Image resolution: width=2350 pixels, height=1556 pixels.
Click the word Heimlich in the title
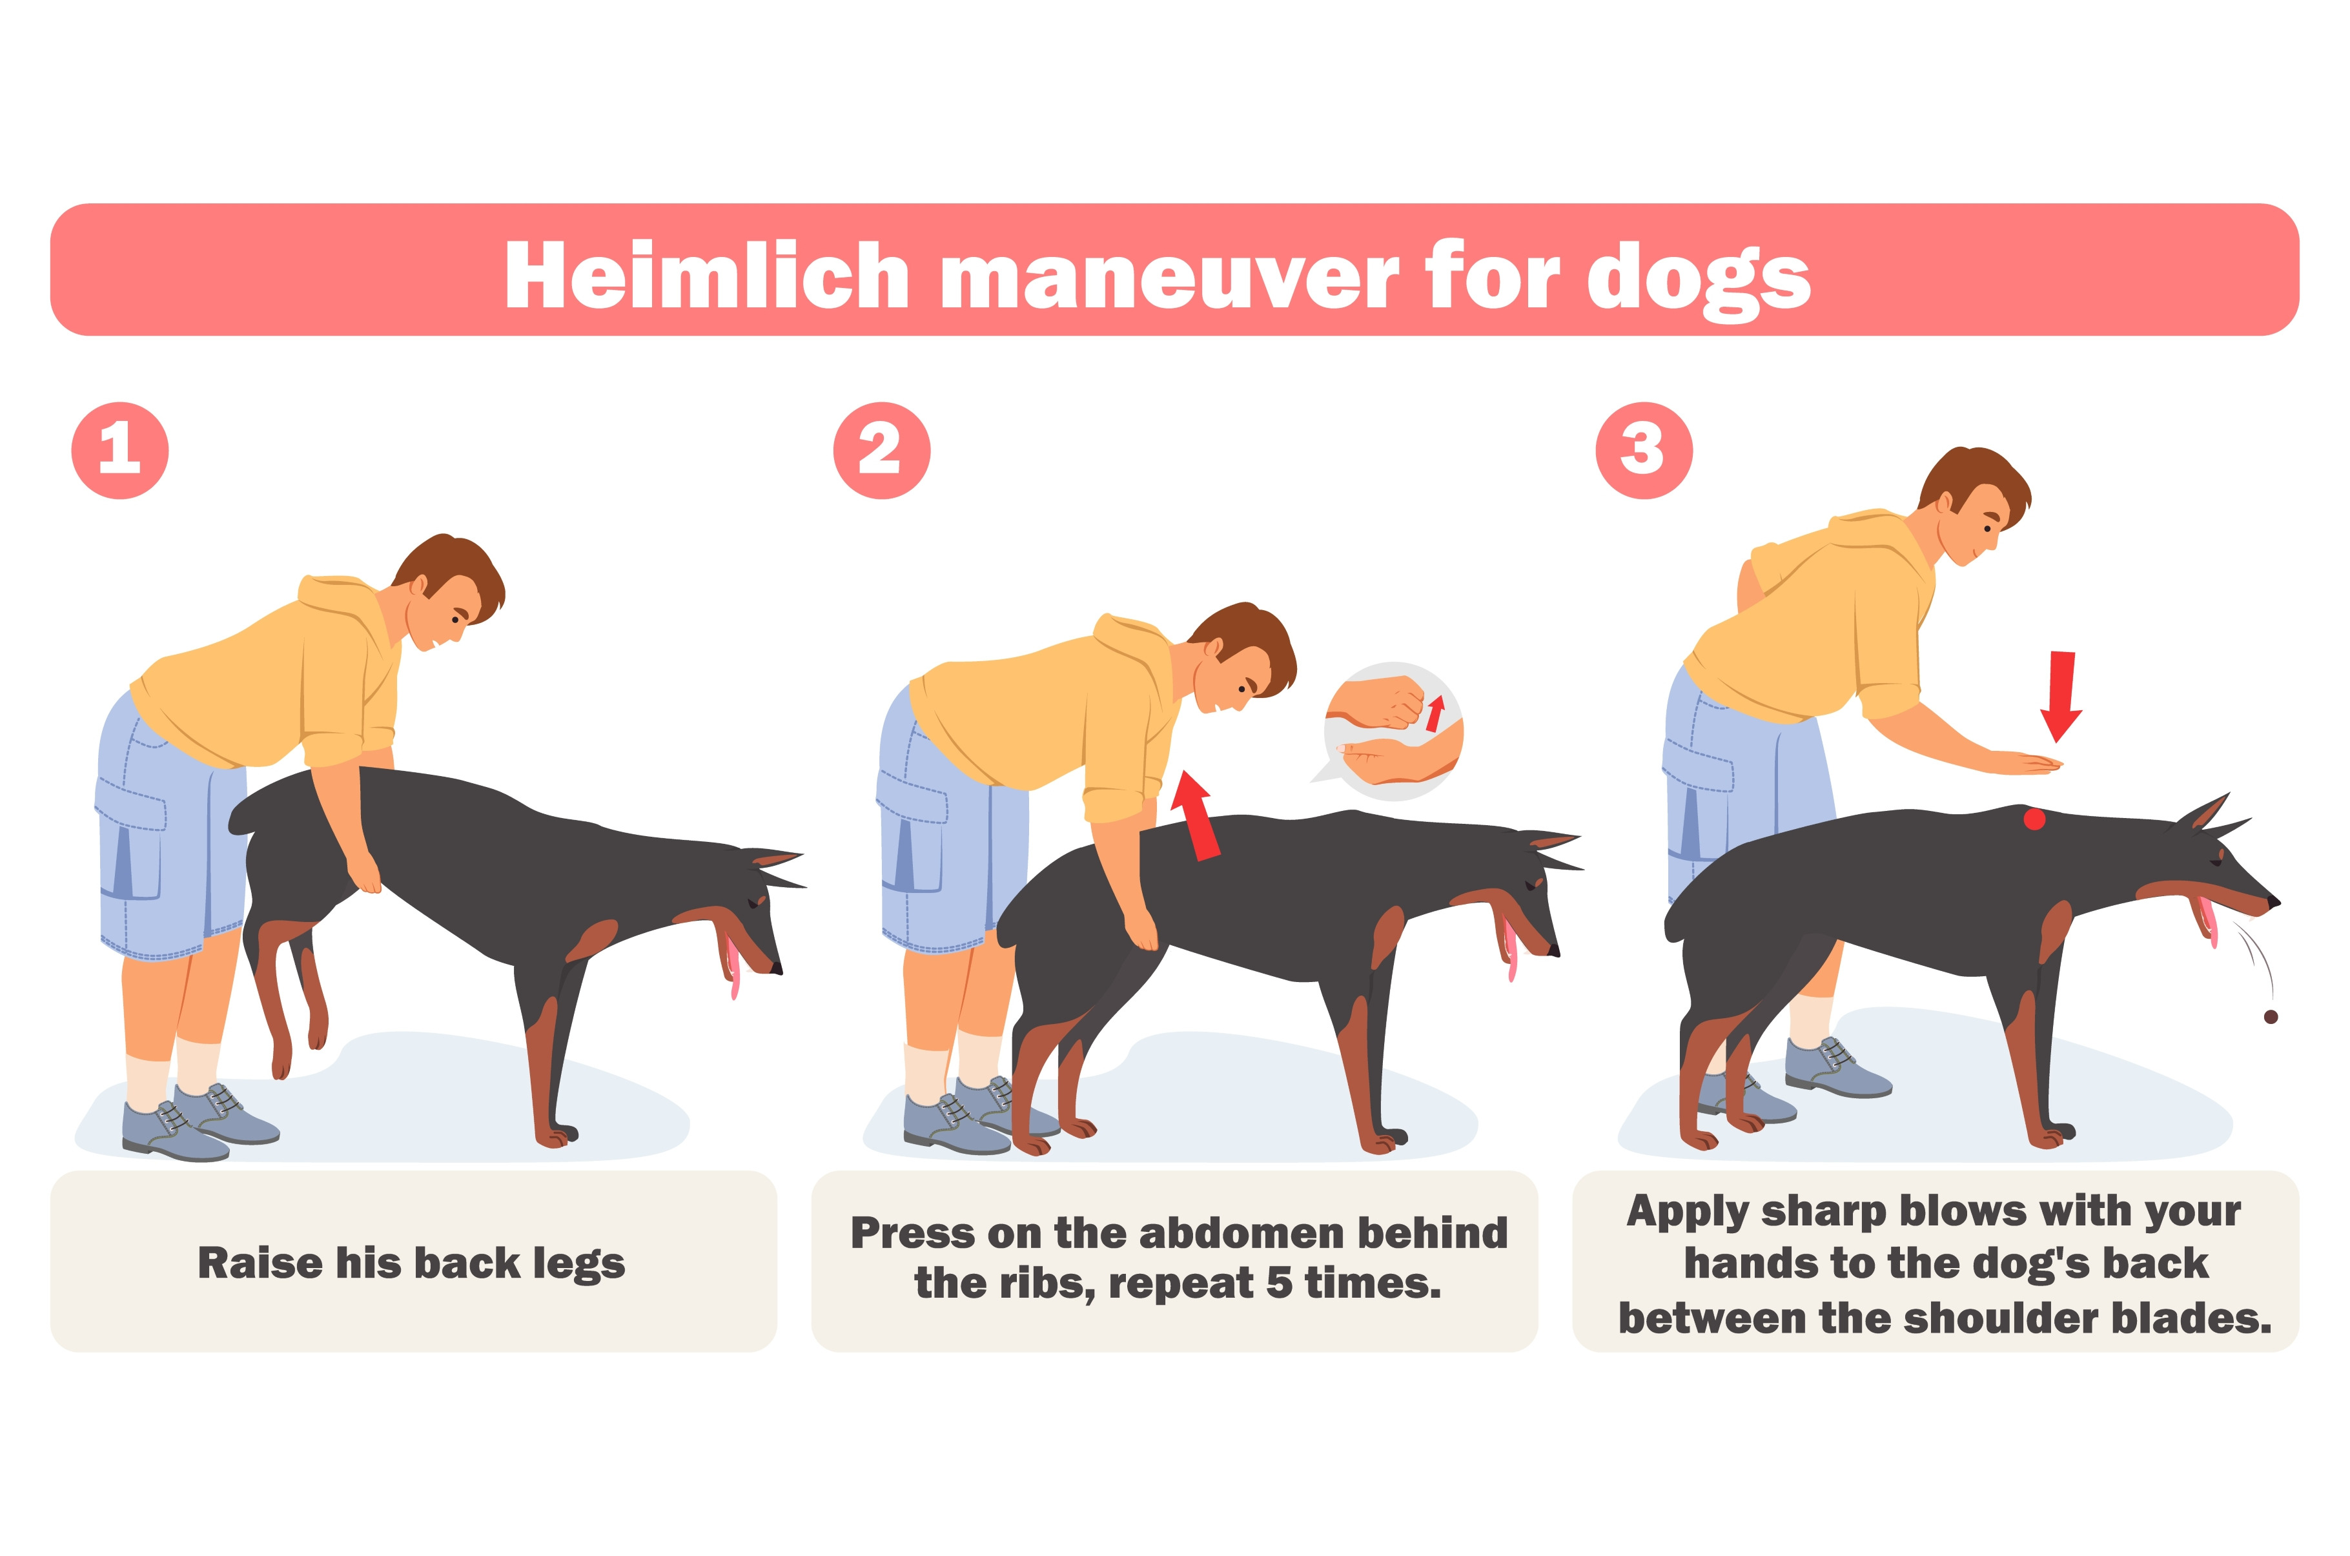click(706, 275)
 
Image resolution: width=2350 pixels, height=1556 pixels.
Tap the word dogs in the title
click(1699, 280)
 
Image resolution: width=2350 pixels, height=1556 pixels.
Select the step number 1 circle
click(120, 451)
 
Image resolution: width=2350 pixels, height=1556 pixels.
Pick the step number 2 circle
click(882, 451)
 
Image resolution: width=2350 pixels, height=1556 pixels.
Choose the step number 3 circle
click(1644, 451)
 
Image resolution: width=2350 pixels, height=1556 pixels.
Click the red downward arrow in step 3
click(2060, 695)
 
